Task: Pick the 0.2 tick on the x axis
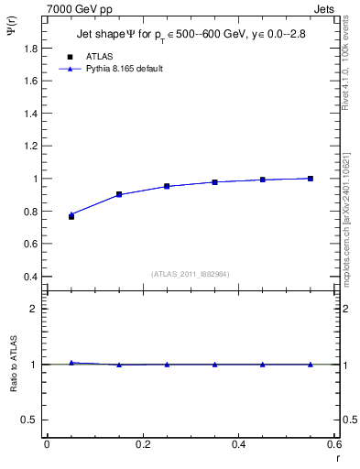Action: pyautogui.click(x=142, y=444)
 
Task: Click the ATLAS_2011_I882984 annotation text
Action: pyautogui.click(x=190, y=273)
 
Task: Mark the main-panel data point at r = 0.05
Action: pyautogui.click(x=71, y=216)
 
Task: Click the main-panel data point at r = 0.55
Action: pyautogui.click(x=311, y=179)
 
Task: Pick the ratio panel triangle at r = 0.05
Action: pyautogui.click(x=71, y=363)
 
